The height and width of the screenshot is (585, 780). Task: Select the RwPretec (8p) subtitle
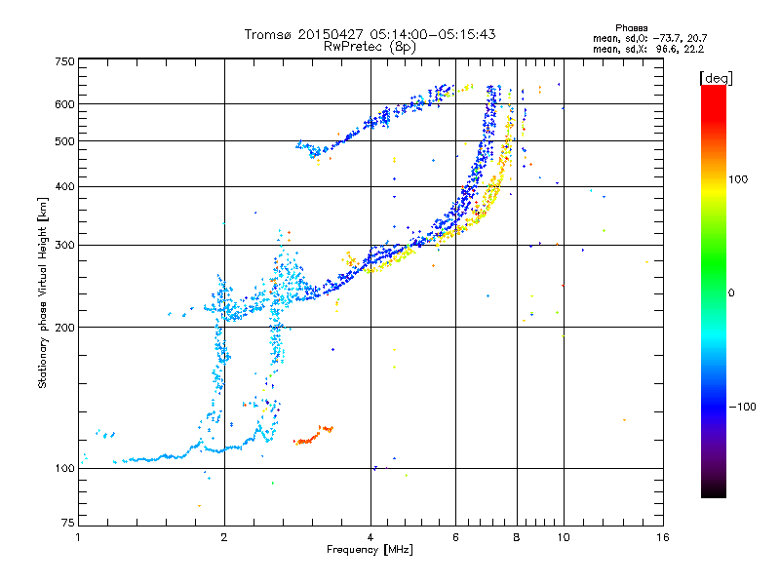click(370, 47)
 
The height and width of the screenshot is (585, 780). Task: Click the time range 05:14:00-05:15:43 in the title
click(433, 34)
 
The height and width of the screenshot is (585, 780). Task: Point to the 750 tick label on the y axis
click(65, 61)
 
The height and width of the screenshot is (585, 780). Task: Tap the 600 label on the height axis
click(65, 104)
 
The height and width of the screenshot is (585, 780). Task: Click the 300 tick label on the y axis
click(65, 245)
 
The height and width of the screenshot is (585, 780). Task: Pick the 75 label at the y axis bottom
click(68, 523)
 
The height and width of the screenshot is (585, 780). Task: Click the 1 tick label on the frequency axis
click(79, 537)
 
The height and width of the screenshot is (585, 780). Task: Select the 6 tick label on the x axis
click(455, 537)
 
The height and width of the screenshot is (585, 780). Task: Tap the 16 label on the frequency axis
click(663, 537)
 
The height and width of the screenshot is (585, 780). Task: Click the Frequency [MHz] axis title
click(370, 550)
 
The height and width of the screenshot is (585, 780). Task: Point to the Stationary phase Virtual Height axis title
click(43, 293)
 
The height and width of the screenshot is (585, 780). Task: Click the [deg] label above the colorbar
click(716, 78)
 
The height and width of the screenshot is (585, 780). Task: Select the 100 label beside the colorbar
click(738, 179)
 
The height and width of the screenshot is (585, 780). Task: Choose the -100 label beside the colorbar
click(742, 407)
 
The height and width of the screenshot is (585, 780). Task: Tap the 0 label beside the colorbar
click(731, 293)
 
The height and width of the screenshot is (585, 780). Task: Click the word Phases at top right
click(631, 28)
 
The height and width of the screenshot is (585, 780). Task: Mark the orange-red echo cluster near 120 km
click(313, 435)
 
